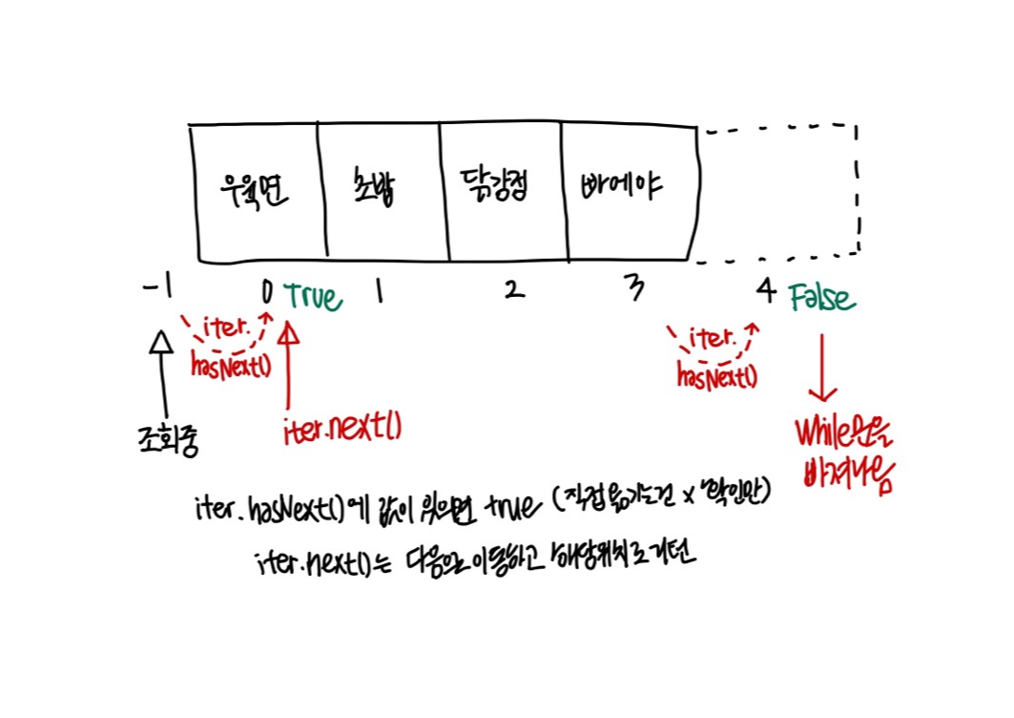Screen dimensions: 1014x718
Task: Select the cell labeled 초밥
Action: [378, 191]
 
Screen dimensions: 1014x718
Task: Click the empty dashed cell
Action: [777, 191]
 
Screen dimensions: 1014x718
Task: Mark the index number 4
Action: [766, 291]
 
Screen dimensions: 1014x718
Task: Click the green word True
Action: [312, 297]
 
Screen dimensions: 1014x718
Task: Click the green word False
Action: [822, 299]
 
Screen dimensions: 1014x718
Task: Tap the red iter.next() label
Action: [341, 429]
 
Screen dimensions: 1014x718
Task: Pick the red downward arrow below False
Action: [821, 368]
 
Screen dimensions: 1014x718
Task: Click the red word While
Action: [829, 435]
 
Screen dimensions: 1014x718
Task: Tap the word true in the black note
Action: [510, 508]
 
